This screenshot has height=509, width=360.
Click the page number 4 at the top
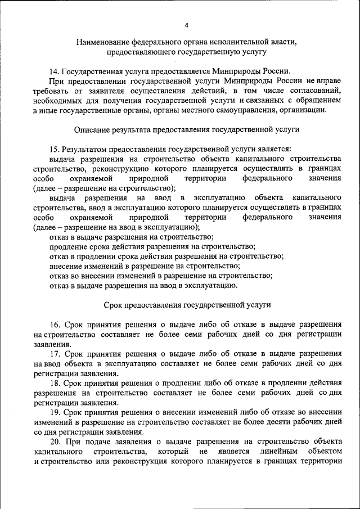click(187, 25)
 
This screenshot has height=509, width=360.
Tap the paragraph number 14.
click(54, 71)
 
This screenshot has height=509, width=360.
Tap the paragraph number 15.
click(54, 149)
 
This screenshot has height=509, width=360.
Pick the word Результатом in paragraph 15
click(85, 149)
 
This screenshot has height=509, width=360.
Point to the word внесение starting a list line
click(66, 265)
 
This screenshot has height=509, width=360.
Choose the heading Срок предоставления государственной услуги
click(187, 304)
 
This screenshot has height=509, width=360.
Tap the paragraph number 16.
click(54, 325)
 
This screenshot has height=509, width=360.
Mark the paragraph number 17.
click(54, 354)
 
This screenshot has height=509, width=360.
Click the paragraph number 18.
click(54, 383)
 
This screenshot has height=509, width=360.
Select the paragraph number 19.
click(54, 412)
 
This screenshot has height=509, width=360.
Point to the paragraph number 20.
click(54, 442)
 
